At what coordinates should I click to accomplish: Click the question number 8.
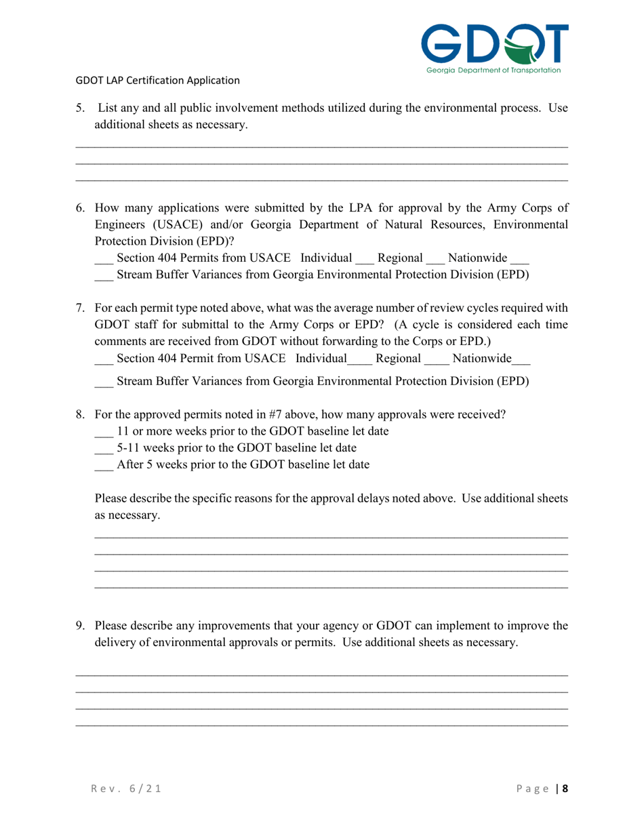click(79, 413)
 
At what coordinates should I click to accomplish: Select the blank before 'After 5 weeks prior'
click(102, 465)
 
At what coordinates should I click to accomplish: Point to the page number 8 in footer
click(565, 790)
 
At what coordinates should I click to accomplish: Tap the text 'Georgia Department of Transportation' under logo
click(494, 69)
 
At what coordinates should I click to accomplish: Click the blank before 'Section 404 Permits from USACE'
click(102, 259)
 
